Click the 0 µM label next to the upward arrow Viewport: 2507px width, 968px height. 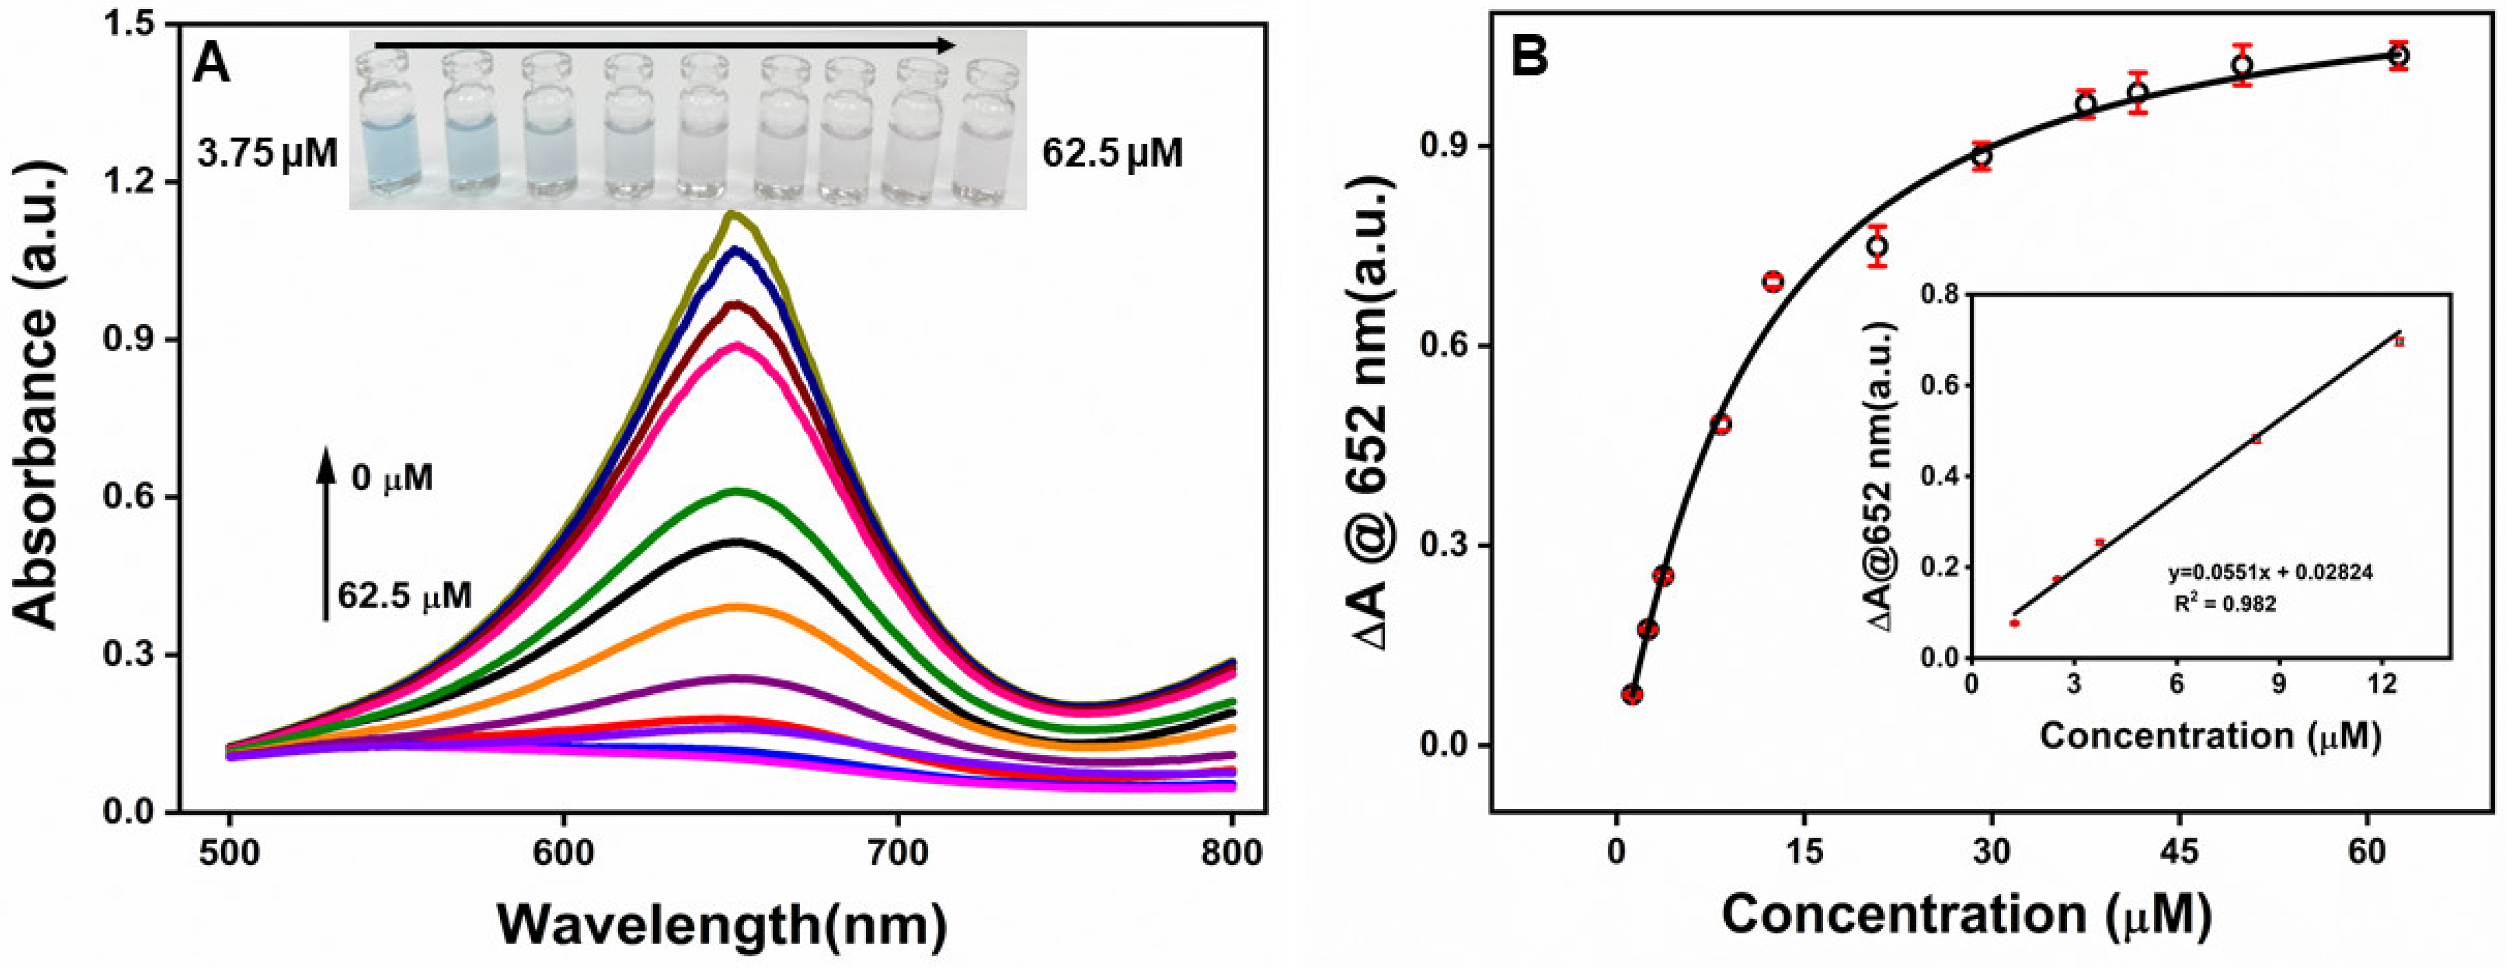pos(392,479)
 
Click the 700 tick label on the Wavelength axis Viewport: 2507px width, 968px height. pos(898,854)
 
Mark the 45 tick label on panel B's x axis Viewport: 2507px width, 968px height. pos(2179,853)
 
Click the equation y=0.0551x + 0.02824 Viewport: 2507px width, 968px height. pos(2268,572)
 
